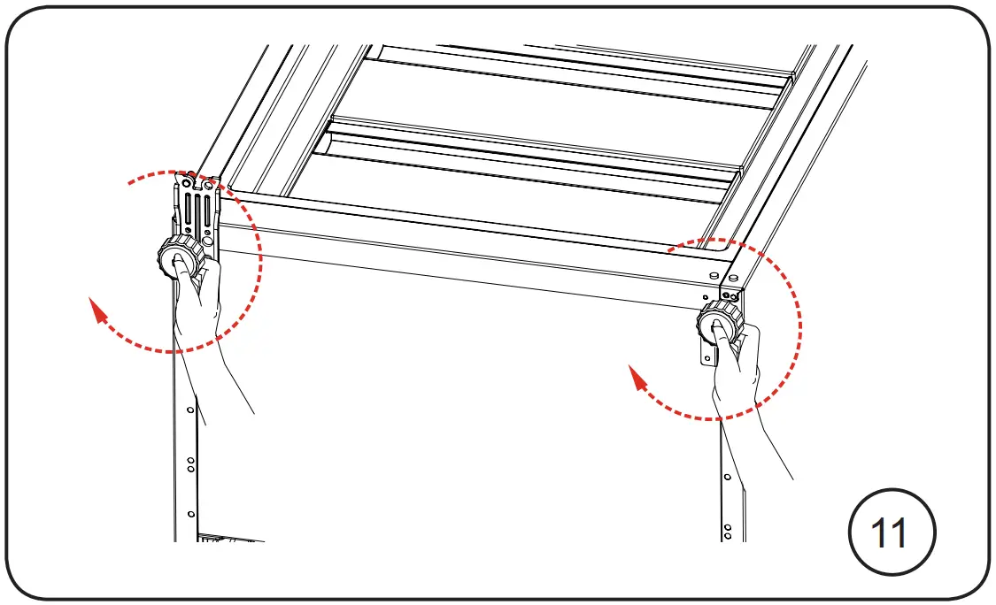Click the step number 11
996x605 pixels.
(x=891, y=534)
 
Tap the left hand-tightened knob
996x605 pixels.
(x=176, y=257)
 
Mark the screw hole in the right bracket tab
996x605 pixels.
(x=707, y=356)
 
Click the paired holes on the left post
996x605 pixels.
(x=190, y=464)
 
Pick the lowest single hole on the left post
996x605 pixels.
(x=190, y=513)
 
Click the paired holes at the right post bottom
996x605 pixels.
(x=728, y=532)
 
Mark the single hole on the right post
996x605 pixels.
(x=727, y=477)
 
